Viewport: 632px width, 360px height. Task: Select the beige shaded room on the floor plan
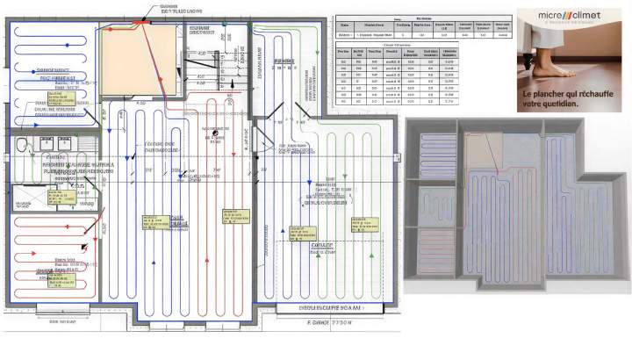[130, 59]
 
